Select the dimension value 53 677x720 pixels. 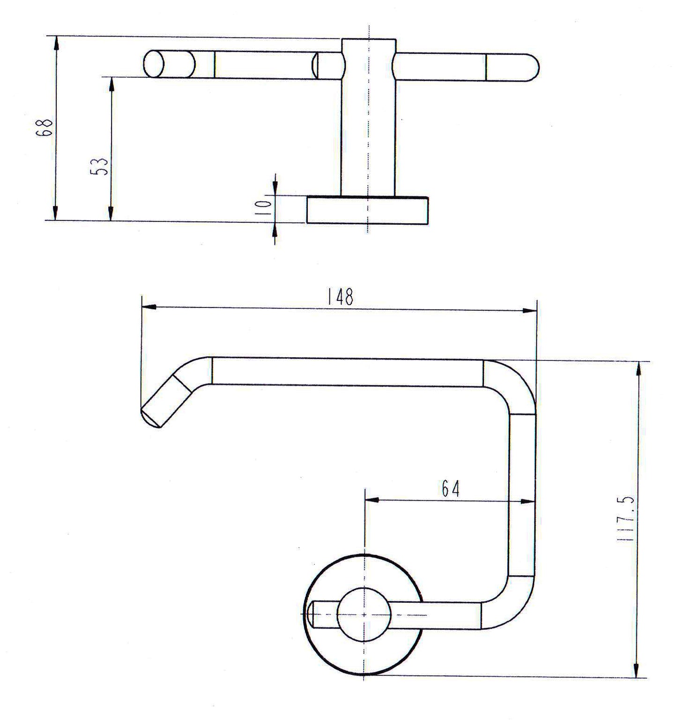pyautogui.click(x=100, y=165)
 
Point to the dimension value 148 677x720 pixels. pyautogui.click(x=341, y=297)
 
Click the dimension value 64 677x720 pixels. pyautogui.click(x=451, y=489)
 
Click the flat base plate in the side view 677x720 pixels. pyautogui.click(x=367, y=210)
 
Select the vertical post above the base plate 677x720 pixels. pyautogui.click(x=368, y=117)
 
